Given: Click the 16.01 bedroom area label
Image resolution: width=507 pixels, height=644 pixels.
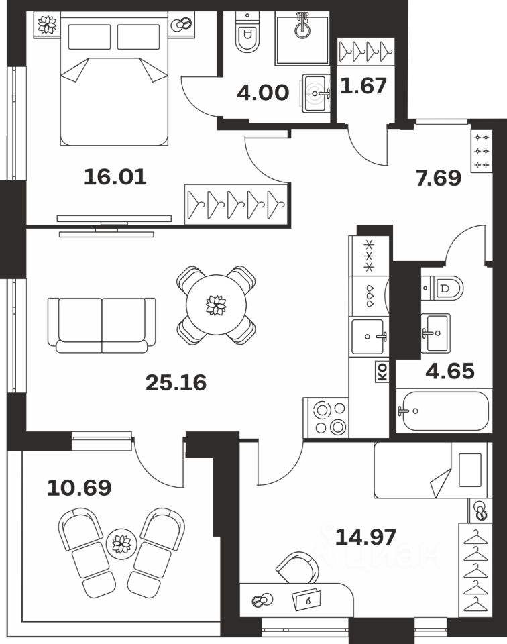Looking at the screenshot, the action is [x=115, y=177].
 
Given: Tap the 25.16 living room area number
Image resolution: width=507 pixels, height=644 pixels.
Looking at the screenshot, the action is [x=176, y=383].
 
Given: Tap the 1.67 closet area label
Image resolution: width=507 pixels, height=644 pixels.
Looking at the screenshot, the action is [x=364, y=87].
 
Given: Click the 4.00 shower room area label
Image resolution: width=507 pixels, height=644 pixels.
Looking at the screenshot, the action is [x=263, y=92].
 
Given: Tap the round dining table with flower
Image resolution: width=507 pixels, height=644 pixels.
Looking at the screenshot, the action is [x=216, y=305].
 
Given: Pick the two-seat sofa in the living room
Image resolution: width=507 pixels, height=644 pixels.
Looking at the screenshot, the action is [x=102, y=325].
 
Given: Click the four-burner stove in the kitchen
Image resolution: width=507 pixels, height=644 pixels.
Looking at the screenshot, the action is [x=326, y=418].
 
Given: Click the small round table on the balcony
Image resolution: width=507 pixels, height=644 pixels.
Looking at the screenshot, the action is [x=121, y=543].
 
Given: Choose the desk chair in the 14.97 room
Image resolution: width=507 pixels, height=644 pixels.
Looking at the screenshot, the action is [x=298, y=568].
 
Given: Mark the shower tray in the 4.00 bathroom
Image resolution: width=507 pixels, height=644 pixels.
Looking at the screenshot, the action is [x=302, y=40].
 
